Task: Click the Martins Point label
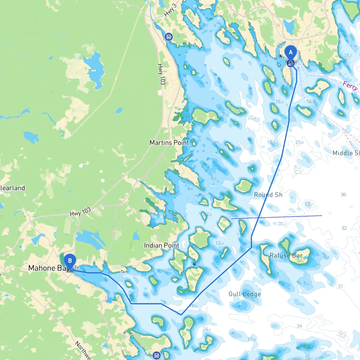coord(169,143)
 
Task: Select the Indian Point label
coord(161,246)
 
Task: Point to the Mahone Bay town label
coord(48,268)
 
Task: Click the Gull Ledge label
coord(245,294)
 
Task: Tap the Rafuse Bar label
coord(286,255)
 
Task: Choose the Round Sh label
coord(268,195)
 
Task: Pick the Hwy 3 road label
coord(170,10)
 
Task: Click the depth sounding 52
coord(344,228)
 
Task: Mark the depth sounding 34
coord(299,326)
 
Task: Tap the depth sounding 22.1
coord(252,118)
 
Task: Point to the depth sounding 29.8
coord(300,142)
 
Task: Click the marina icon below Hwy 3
coord(169,37)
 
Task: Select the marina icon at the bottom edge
coord(157,355)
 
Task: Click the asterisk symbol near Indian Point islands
coord(194,264)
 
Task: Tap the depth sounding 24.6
coord(207,329)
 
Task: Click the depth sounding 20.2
coord(282,224)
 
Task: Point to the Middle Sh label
coord(346,153)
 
